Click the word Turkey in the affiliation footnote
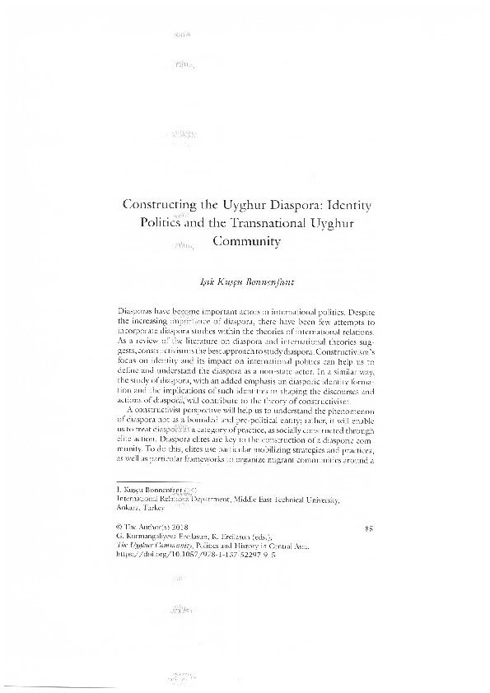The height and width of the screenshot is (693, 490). coord(156,508)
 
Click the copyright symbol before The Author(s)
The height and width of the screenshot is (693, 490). coord(122,524)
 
